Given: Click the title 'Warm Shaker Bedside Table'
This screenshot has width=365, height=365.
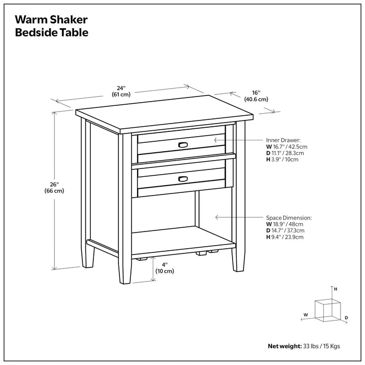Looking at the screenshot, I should pos(51,26).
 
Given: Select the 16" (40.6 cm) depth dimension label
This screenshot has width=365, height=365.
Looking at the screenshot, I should pos(255,95).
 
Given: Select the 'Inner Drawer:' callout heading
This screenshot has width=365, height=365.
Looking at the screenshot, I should pos(283,141).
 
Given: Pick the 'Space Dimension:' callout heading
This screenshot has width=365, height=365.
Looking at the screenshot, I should pos(288,217).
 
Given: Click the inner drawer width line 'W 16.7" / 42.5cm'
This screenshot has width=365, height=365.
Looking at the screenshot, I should pos(287,147).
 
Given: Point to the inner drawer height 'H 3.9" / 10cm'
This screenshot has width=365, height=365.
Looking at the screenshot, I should pos(282,160).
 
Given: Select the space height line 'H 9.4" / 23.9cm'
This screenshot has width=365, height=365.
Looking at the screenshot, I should pos(285,237).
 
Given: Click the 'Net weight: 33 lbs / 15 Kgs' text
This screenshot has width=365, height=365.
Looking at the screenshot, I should pos(304,345).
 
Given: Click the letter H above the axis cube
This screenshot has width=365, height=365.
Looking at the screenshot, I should pos(336,289).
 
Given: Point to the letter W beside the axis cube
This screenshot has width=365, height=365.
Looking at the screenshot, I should pos(306,314).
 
